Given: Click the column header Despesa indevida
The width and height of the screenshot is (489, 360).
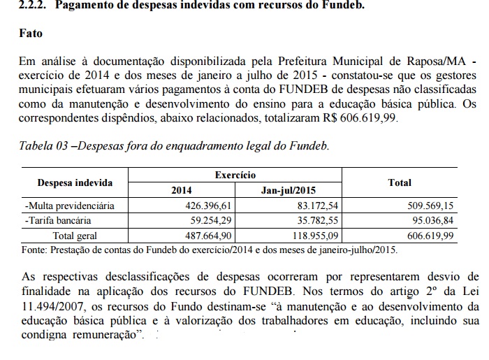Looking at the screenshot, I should click(x=75, y=183).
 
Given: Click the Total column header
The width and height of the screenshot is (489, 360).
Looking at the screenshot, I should click(x=400, y=182).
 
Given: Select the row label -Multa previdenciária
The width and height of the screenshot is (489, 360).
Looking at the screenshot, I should click(x=69, y=206).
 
